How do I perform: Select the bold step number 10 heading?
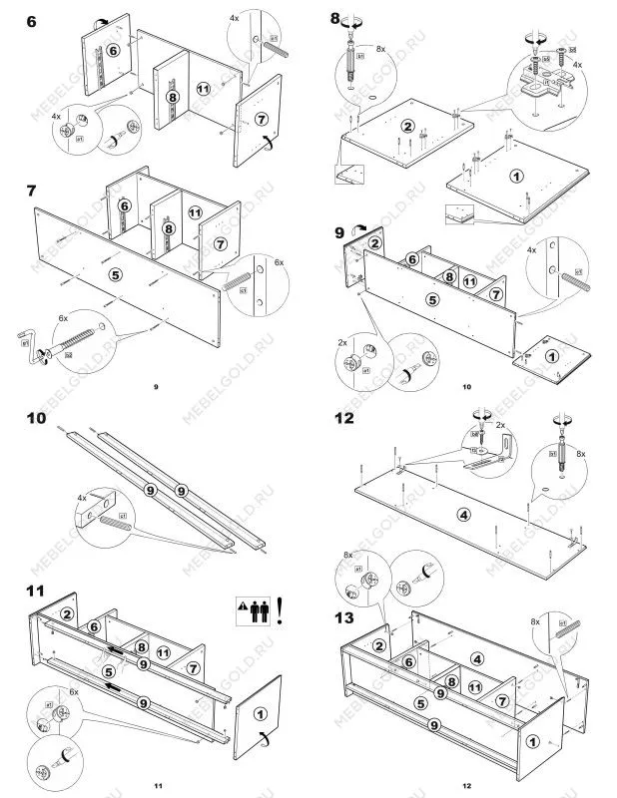pos(37,420)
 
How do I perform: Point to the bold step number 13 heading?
pos(342,616)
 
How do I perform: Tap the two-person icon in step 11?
pos(265,608)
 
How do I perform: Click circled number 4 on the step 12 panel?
pos(462,515)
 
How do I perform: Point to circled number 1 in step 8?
pos(515,177)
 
